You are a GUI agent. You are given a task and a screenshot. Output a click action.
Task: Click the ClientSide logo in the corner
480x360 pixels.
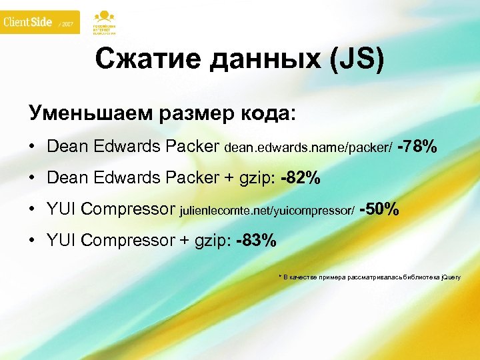[x=28, y=22]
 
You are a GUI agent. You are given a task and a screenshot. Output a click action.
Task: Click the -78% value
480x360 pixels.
[x=417, y=146]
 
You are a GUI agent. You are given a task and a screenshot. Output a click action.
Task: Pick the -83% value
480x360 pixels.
[x=256, y=241]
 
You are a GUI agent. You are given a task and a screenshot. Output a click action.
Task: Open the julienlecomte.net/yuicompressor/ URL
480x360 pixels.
[x=267, y=212]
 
